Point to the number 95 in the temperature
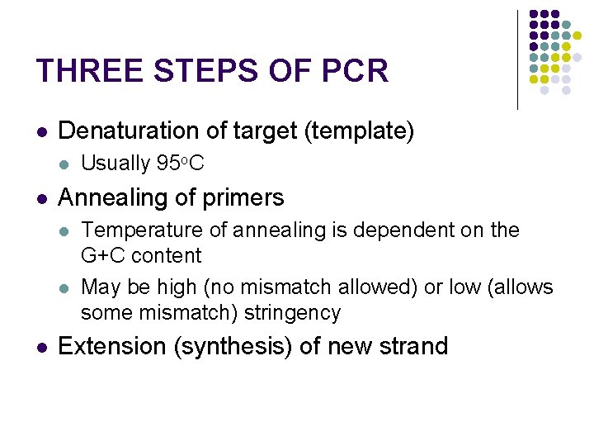[x=167, y=164]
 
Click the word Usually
[x=115, y=164]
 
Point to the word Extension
[x=112, y=345]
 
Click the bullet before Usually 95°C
[x=66, y=165]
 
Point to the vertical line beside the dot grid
[x=517, y=59]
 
